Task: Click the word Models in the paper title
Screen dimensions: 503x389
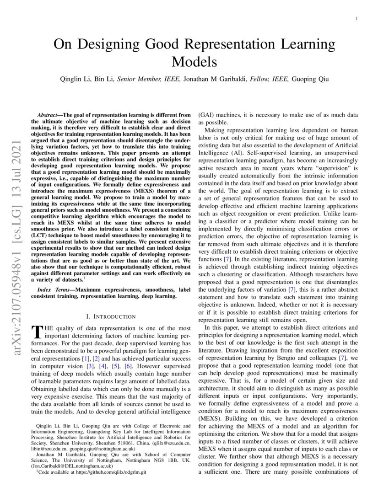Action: coord(194,61)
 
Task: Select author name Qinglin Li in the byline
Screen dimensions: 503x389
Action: coord(75,79)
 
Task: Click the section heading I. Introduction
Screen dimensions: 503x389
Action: coord(111,316)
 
